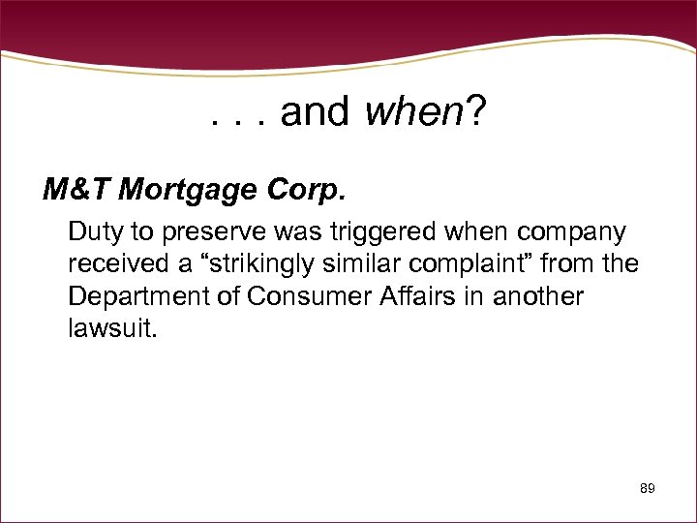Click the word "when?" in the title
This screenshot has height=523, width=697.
click(426, 113)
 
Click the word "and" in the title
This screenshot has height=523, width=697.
click(315, 113)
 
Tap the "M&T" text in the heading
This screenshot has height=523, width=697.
click(76, 191)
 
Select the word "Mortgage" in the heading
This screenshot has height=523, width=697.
click(193, 191)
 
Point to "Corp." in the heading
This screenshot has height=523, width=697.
click(309, 191)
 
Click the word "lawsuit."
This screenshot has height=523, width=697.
click(110, 327)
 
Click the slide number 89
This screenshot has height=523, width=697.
click(648, 489)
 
